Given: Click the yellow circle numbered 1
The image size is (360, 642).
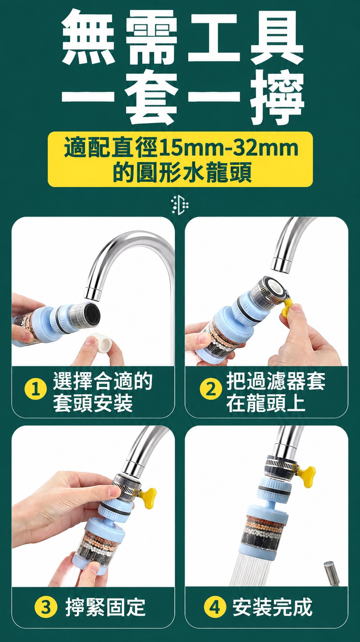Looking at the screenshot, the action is coord(36,390).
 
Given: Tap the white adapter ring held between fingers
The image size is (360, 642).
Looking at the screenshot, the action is coord(101,342).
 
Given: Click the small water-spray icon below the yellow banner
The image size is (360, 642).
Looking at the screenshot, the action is coord(180,205).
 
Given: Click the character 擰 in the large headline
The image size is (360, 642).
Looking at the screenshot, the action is coord(278,97).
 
